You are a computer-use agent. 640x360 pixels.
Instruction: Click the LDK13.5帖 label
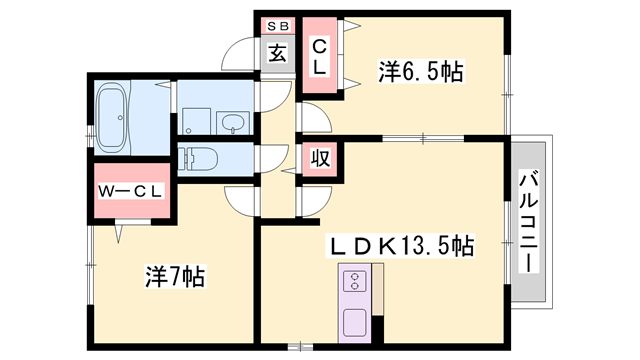click(x=404, y=244)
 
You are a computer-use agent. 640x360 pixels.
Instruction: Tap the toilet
click(x=200, y=158)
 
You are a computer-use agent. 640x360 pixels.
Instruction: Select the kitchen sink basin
click(x=356, y=322)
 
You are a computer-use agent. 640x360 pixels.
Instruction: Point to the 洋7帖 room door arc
click(x=241, y=199)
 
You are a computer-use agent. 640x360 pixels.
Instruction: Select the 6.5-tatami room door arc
click(x=313, y=118)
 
